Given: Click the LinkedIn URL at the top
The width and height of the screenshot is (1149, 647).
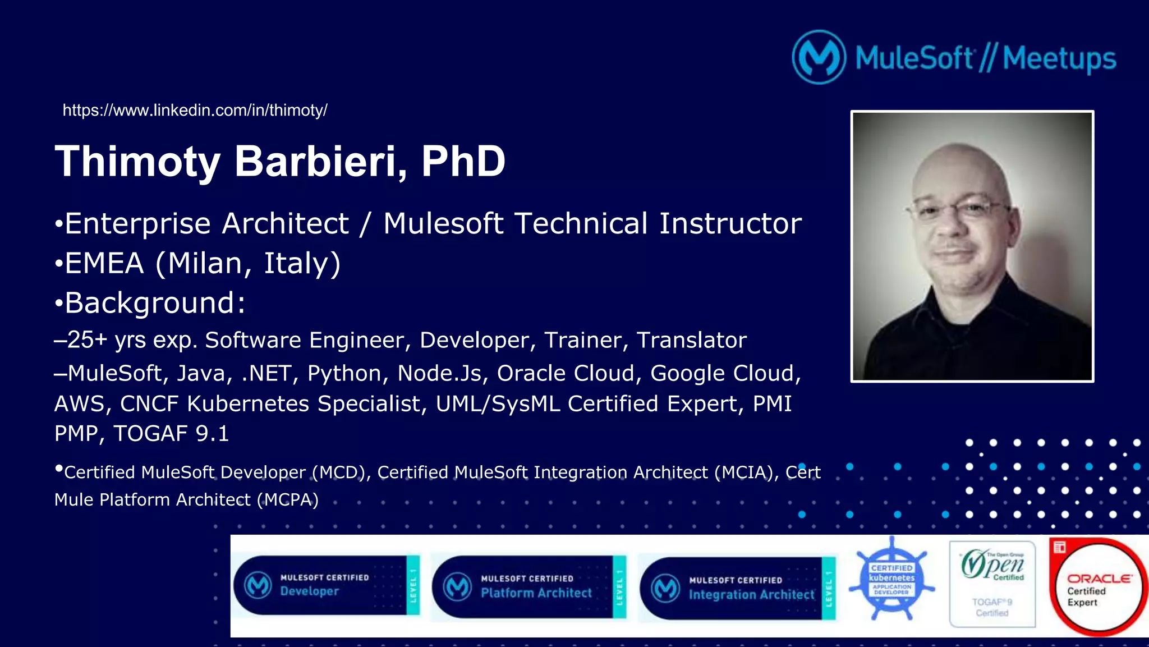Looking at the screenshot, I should click(195, 110).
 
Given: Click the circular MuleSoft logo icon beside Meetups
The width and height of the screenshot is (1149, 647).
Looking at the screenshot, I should click(819, 57).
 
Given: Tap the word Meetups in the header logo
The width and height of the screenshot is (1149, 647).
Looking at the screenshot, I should click(1059, 58).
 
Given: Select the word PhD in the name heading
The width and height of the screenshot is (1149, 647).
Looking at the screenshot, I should click(463, 162).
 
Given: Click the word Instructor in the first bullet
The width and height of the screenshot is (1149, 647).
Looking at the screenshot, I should click(730, 223).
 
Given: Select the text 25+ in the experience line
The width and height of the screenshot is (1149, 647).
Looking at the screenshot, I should click(87, 340).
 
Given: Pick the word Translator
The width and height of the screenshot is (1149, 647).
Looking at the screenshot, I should click(691, 340).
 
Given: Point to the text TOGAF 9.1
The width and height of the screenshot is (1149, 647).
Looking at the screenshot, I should click(171, 433).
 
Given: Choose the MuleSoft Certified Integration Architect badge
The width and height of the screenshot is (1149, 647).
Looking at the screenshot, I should click(737, 588).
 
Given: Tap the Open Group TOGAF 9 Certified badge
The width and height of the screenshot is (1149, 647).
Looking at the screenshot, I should click(992, 584).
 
